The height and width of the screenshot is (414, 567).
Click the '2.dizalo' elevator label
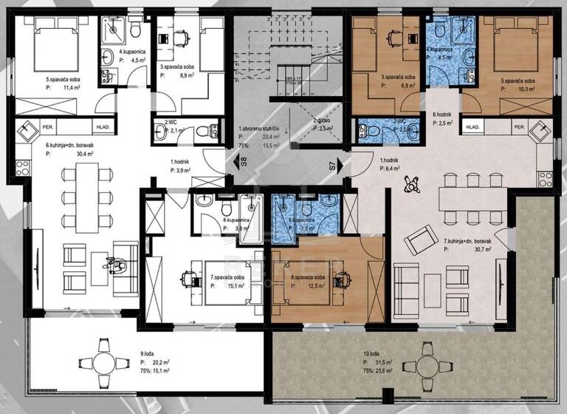pyautogui.click(x=323, y=120)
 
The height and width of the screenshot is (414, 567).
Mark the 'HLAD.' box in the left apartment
pyautogui.click(x=103, y=127)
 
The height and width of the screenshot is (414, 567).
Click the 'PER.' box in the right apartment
pyautogui.click(x=520, y=127)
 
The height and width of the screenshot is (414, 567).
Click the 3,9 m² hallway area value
pyautogui.click(x=182, y=169)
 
